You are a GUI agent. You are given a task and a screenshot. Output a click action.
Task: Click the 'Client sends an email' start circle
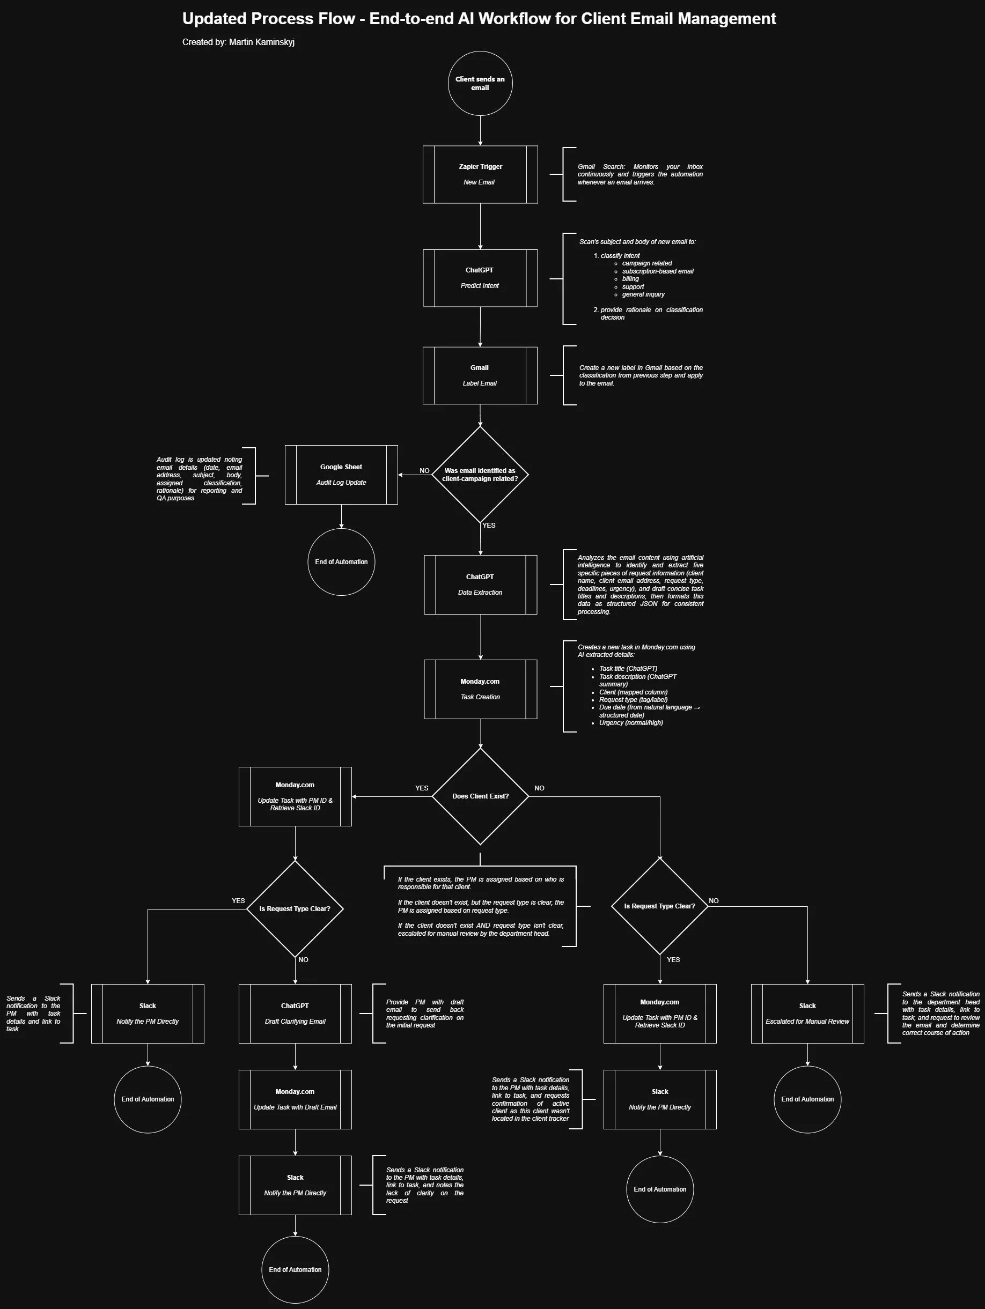(480, 84)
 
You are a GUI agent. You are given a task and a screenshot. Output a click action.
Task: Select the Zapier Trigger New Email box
(480, 175)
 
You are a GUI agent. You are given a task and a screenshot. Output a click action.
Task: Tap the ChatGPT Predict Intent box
(480, 278)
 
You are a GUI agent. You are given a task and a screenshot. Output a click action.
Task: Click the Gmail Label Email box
(480, 376)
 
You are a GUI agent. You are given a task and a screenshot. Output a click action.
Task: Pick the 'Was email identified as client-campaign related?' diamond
(480, 475)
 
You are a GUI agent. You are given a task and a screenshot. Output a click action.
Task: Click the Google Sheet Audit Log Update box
(341, 475)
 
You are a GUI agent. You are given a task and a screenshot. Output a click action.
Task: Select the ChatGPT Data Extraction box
(480, 585)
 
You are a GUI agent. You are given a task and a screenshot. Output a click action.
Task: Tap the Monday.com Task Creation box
(480, 690)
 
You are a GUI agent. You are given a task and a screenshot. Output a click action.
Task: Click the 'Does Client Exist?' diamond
(480, 796)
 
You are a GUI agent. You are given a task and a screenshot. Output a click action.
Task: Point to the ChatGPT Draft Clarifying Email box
(295, 1014)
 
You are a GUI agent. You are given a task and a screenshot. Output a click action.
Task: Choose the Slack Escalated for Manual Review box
(807, 1014)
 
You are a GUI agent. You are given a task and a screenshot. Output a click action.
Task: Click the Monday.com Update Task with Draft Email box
(295, 1099)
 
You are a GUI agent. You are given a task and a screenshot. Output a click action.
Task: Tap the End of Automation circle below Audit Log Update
(341, 562)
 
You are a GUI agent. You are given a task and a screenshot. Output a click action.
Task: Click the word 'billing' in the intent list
(630, 279)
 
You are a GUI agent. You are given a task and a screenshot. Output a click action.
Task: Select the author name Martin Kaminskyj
(262, 42)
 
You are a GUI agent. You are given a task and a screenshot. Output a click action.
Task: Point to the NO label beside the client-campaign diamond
(424, 471)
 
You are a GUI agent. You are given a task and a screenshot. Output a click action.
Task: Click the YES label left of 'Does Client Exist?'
(422, 788)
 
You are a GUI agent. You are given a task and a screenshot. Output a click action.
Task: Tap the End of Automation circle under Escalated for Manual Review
(807, 1099)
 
